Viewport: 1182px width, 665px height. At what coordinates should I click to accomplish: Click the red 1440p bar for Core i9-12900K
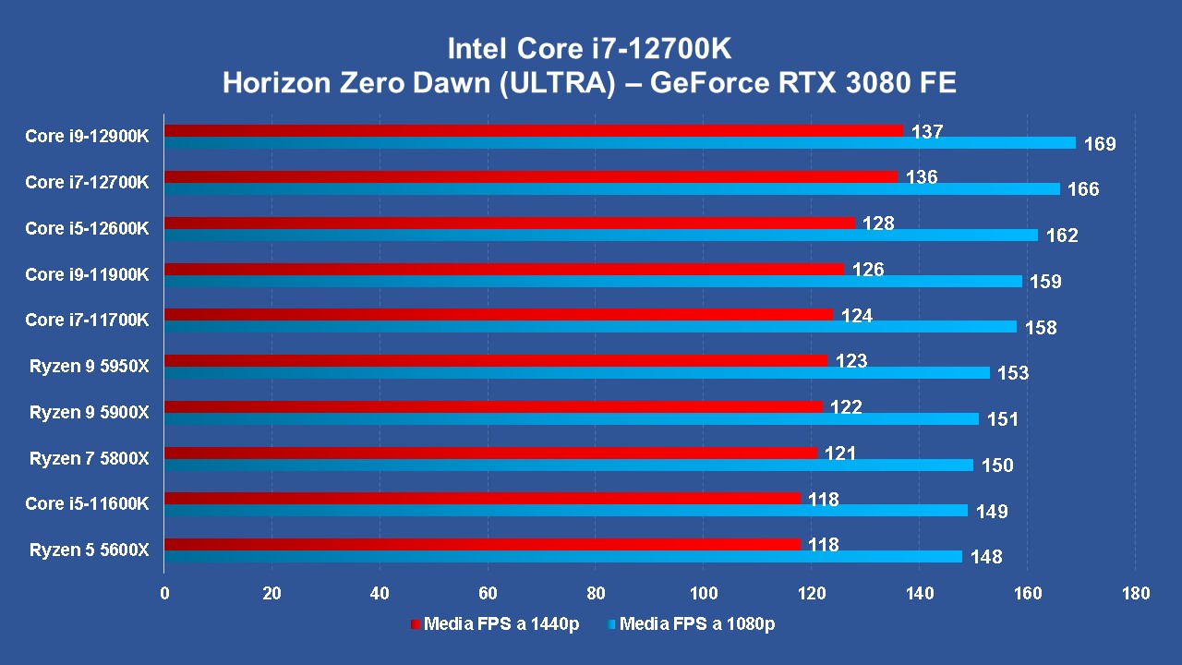[x=534, y=130]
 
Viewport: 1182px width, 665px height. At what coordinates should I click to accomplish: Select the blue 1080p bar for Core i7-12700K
[x=611, y=189]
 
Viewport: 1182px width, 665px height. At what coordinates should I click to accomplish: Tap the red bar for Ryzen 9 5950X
[x=496, y=360]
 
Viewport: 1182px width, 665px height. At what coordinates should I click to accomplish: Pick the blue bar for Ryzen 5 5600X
[x=563, y=557]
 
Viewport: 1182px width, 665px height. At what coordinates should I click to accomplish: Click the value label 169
[x=1100, y=144]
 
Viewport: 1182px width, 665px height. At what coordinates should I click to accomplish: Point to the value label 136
[x=922, y=177]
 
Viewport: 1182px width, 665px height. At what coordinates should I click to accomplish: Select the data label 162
[x=1062, y=236]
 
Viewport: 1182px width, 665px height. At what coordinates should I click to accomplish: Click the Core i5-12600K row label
[x=87, y=228]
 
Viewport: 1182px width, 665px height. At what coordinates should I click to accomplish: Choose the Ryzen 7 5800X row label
[x=89, y=458]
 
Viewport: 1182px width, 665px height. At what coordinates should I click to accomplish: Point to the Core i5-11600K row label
[x=87, y=504]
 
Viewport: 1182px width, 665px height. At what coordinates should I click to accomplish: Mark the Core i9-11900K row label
[x=87, y=274]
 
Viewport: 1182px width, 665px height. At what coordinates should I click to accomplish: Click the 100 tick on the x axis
[x=704, y=593]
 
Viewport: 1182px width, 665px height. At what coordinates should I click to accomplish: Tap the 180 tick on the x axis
[x=1135, y=593]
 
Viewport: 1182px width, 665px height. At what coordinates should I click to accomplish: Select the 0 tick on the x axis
[x=164, y=593]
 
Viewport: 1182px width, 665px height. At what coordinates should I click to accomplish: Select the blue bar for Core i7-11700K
[x=590, y=327]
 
